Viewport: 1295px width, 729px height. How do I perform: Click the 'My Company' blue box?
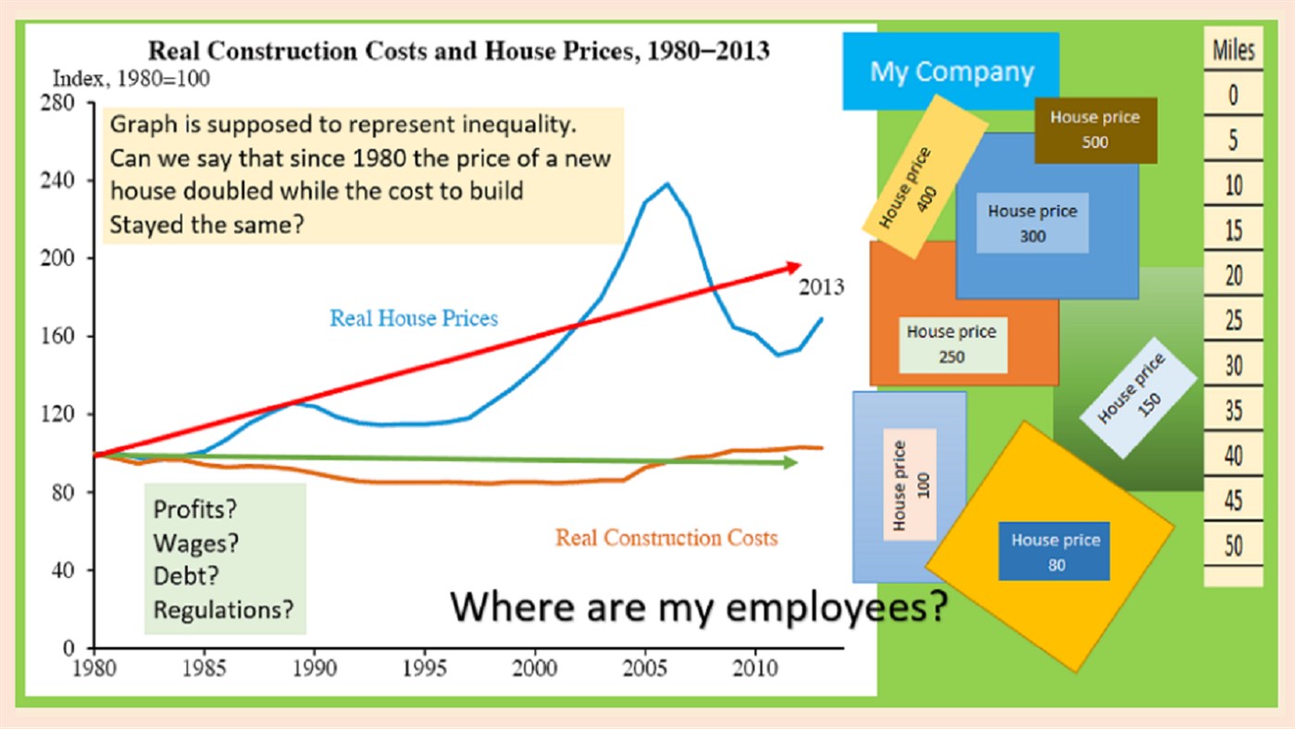(951, 71)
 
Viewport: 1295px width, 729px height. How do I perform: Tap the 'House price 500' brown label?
(1095, 130)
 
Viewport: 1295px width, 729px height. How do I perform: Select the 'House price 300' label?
(1032, 223)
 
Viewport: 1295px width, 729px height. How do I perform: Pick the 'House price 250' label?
(952, 344)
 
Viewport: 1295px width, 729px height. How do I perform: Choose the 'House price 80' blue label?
(1055, 552)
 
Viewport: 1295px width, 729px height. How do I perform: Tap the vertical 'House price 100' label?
(910, 484)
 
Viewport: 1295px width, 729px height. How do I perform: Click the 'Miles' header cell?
(1233, 50)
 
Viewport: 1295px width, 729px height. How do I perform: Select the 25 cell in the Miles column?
(1233, 321)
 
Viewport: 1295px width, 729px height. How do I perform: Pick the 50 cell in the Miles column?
(1233, 546)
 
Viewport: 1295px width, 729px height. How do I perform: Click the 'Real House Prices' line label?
(414, 319)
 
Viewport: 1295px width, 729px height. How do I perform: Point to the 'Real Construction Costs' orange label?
(666, 537)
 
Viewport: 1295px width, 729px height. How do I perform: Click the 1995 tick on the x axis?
(425, 667)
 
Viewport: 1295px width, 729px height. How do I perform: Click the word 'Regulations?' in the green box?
(224, 610)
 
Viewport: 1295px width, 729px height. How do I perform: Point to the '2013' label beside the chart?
(821, 287)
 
